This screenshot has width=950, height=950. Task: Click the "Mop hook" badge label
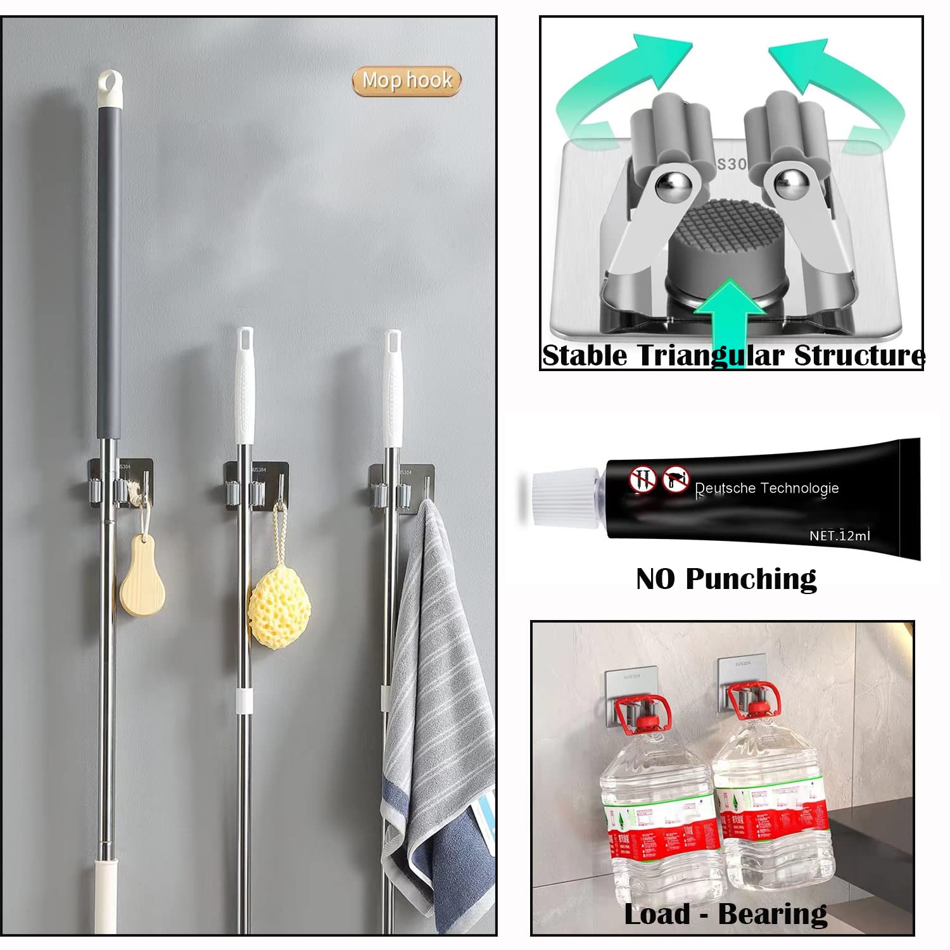407,81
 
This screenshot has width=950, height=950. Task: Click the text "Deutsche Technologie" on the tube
766,488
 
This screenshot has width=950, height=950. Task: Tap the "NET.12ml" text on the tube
839,536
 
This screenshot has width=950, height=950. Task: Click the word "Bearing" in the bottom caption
773,914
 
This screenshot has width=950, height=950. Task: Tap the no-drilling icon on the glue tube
641,479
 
